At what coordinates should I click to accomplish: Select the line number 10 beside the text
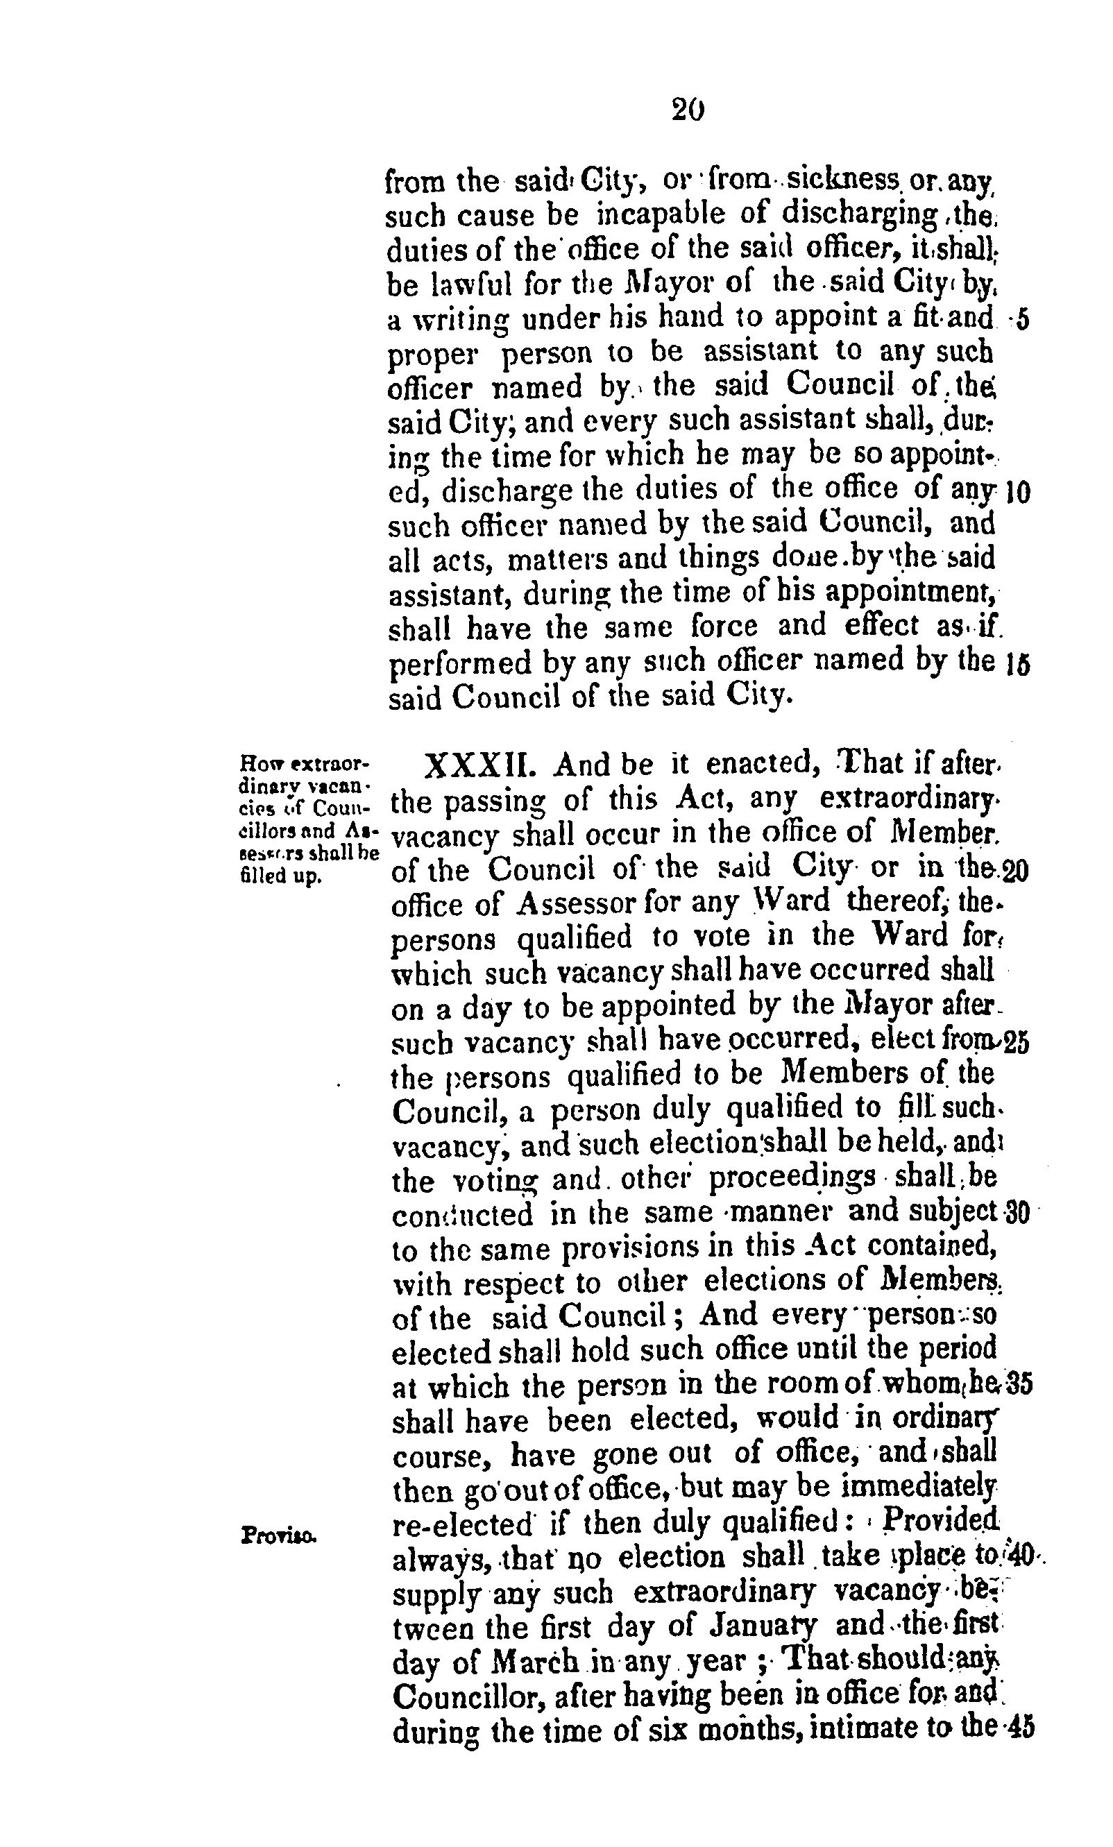tap(1017, 493)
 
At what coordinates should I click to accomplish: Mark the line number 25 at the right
tap(1017, 1044)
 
